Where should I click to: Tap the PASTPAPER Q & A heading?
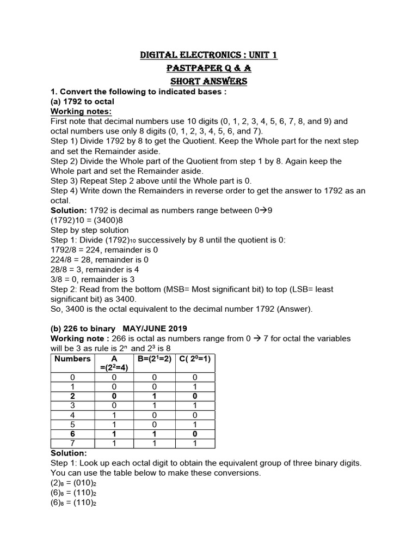click(x=209, y=69)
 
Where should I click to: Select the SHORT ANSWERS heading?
click(x=209, y=82)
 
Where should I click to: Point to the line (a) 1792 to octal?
click(x=82, y=101)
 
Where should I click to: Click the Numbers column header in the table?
click(x=72, y=359)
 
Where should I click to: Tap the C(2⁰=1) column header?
click(x=195, y=359)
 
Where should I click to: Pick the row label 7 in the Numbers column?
click(x=72, y=445)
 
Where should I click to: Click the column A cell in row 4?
click(x=114, y=415)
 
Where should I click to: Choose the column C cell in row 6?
click(x=195, y=435)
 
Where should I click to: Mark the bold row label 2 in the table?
click(x=72, y=396)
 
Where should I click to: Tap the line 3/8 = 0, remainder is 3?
click(x=93, y=279)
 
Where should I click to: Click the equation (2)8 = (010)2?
click(x=73, y=483)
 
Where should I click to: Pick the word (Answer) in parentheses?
click(x=294, y=309)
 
